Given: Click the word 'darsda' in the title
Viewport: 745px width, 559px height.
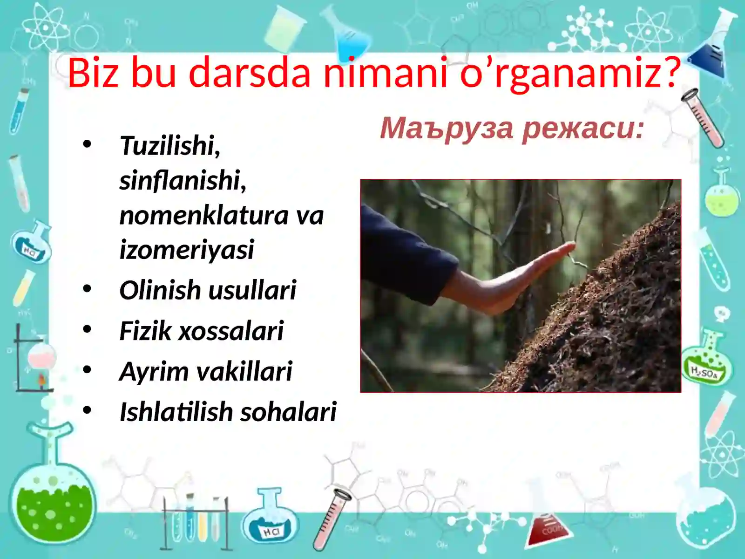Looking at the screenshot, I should pos(250,73).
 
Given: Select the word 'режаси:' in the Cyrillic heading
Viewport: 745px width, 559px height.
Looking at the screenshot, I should pos(582,128).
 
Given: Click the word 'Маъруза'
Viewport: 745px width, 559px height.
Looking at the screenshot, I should pos(447,128).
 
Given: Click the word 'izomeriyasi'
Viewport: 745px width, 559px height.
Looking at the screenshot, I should pos(187,250).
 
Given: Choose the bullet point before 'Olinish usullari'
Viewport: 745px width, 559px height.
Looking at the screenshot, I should pos(87,289).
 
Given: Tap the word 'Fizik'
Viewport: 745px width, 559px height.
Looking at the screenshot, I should pos(145,331).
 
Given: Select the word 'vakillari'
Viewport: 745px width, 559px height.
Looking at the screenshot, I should pos(244,371).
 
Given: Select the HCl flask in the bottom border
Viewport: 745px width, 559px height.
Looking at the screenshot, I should pos(270,519).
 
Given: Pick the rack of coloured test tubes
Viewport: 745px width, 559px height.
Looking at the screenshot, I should pos(196,522).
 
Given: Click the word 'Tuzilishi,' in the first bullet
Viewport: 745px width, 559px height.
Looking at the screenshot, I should pos(170,146).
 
